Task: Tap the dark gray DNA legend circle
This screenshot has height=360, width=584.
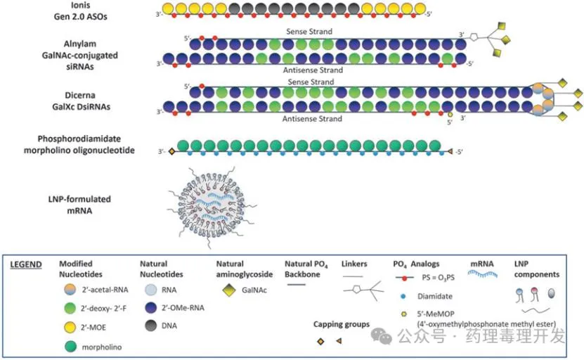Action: (x=150, y=326)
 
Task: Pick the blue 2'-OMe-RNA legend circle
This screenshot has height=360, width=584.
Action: (x=150, y=307)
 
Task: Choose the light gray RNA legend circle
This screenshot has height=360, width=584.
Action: (x=150, y=289)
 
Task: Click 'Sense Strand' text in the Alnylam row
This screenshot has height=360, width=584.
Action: (x=309, y=32)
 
